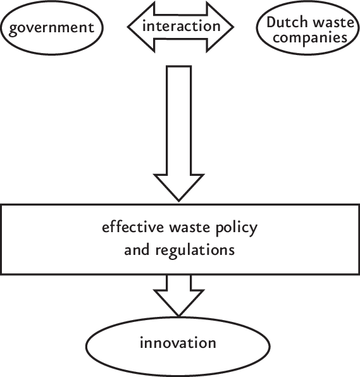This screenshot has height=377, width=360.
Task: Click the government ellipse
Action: (52, 28)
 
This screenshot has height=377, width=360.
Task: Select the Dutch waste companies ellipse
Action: (307, 30)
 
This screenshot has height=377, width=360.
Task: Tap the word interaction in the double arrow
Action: (181, 27)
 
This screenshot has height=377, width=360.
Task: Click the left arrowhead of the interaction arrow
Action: (135, 27)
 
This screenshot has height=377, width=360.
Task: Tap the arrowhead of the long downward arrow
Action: (179, 186)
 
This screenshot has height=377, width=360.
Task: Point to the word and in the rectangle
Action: (135, 250)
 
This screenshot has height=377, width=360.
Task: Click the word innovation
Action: (179, 343)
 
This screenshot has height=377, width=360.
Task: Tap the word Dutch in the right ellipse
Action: (284, 22)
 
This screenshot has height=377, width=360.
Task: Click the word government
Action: (52, 28)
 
